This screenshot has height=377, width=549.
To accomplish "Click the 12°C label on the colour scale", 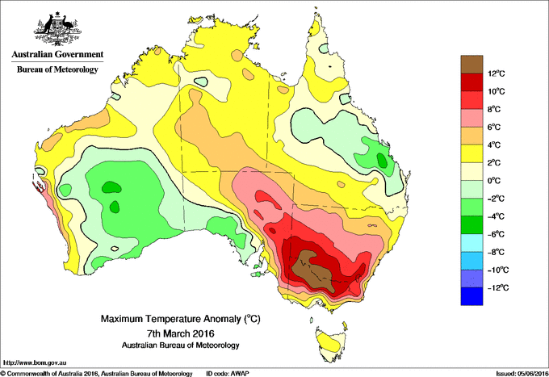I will click(x=497, y=73).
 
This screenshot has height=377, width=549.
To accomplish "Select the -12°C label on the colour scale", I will click(x=496, y=288).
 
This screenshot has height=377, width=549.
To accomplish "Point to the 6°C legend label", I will click(x=497, y=128).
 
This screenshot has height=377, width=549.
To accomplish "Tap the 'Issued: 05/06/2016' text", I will click(x=517, y=373).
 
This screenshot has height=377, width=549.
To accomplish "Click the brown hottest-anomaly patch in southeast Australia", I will click(x=315, y=266).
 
